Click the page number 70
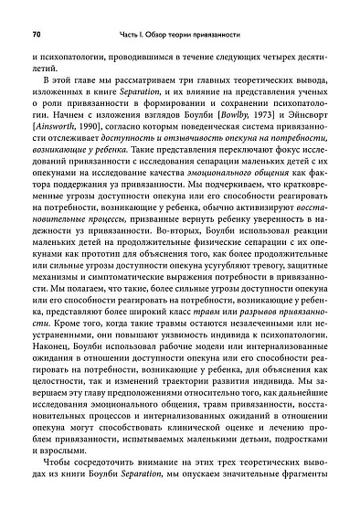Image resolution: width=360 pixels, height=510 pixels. [x=36, y=35]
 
